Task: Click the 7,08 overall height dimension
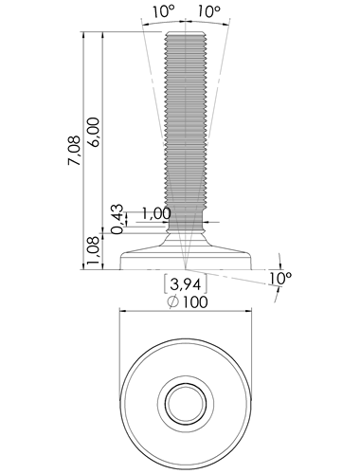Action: [74, 151]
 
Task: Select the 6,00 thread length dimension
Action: [94, 132]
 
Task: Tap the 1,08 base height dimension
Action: [94, 251]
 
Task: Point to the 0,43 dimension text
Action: [117, 219]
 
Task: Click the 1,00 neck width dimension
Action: [156, 213]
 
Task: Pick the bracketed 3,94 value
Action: [186, 284]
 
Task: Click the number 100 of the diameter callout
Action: [195, 301]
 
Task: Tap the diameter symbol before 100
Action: [173, 302]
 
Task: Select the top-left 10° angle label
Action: [164, 12]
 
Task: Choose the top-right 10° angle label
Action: [209, 12]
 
